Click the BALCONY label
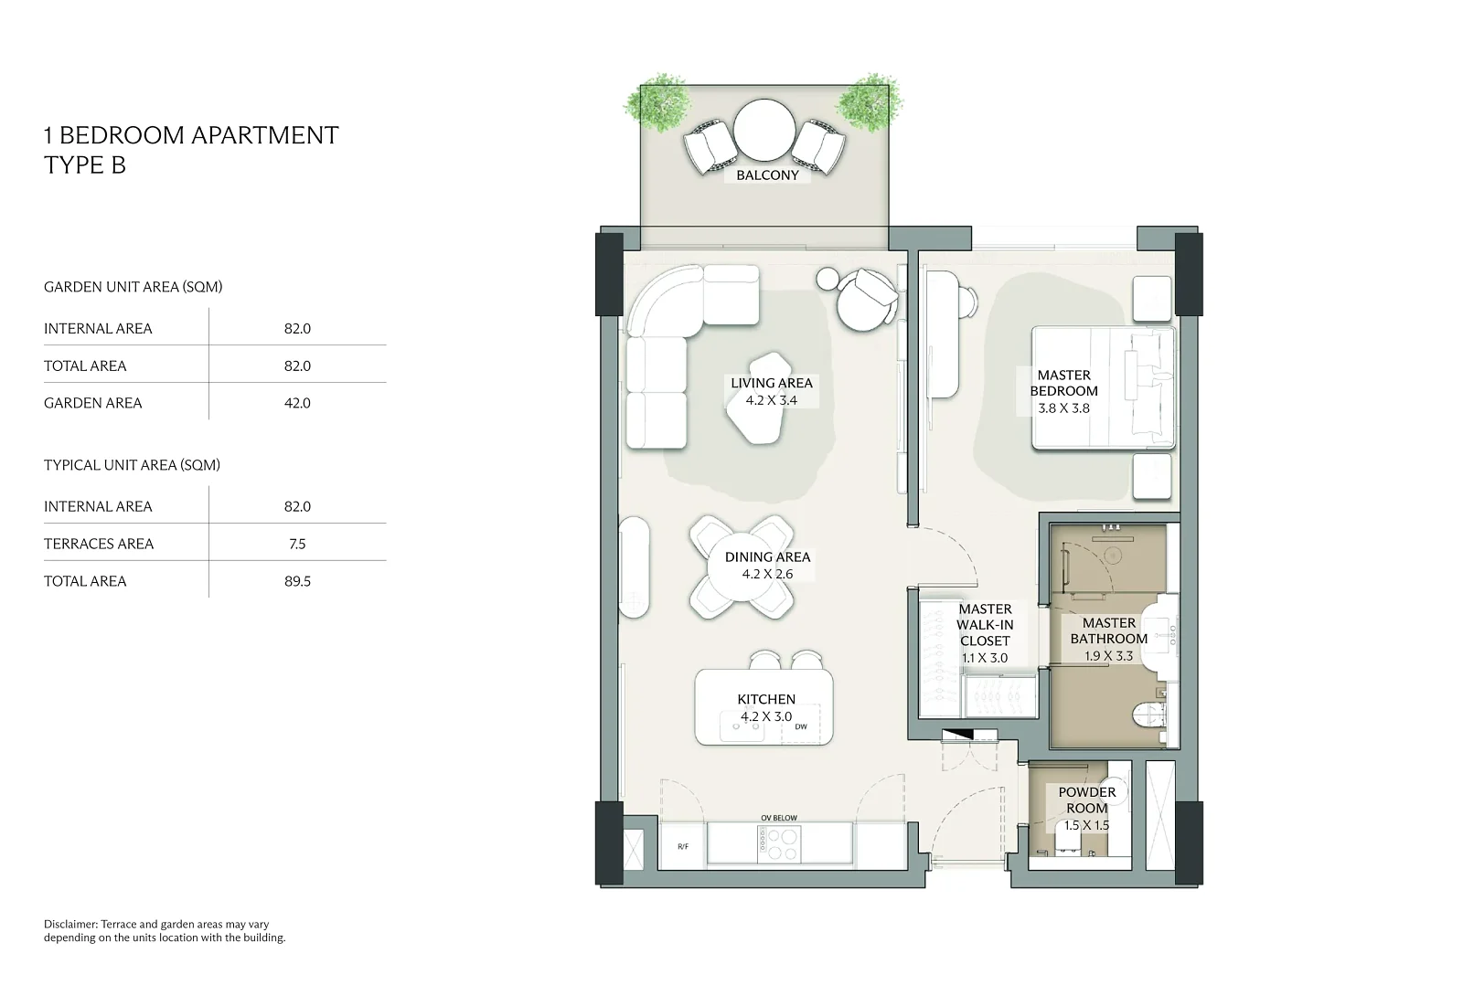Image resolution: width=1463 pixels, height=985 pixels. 767,175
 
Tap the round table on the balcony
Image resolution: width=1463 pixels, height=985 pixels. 764,130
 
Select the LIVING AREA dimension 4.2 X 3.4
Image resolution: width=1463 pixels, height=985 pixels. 772,400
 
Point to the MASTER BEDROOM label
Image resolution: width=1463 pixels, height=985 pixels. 1064,383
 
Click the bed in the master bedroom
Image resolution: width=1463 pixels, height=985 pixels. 1103,388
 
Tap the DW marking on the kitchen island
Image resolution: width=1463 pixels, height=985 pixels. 801,726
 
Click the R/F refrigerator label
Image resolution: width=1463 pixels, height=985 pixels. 682,847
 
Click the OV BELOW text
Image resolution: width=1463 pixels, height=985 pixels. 779,818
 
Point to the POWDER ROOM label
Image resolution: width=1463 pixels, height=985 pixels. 1087,800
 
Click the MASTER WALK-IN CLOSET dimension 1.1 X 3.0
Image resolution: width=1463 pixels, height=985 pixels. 985,658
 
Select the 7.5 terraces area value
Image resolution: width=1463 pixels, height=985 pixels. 297,544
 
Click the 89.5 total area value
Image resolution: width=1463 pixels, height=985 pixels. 297,581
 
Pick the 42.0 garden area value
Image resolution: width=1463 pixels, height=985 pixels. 297,403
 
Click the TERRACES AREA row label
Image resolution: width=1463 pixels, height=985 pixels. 99,544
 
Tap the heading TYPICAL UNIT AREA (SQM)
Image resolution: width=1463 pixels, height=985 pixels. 132,465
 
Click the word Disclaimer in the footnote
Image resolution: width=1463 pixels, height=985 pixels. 70,925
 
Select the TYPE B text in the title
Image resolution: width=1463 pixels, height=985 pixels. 85,165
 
